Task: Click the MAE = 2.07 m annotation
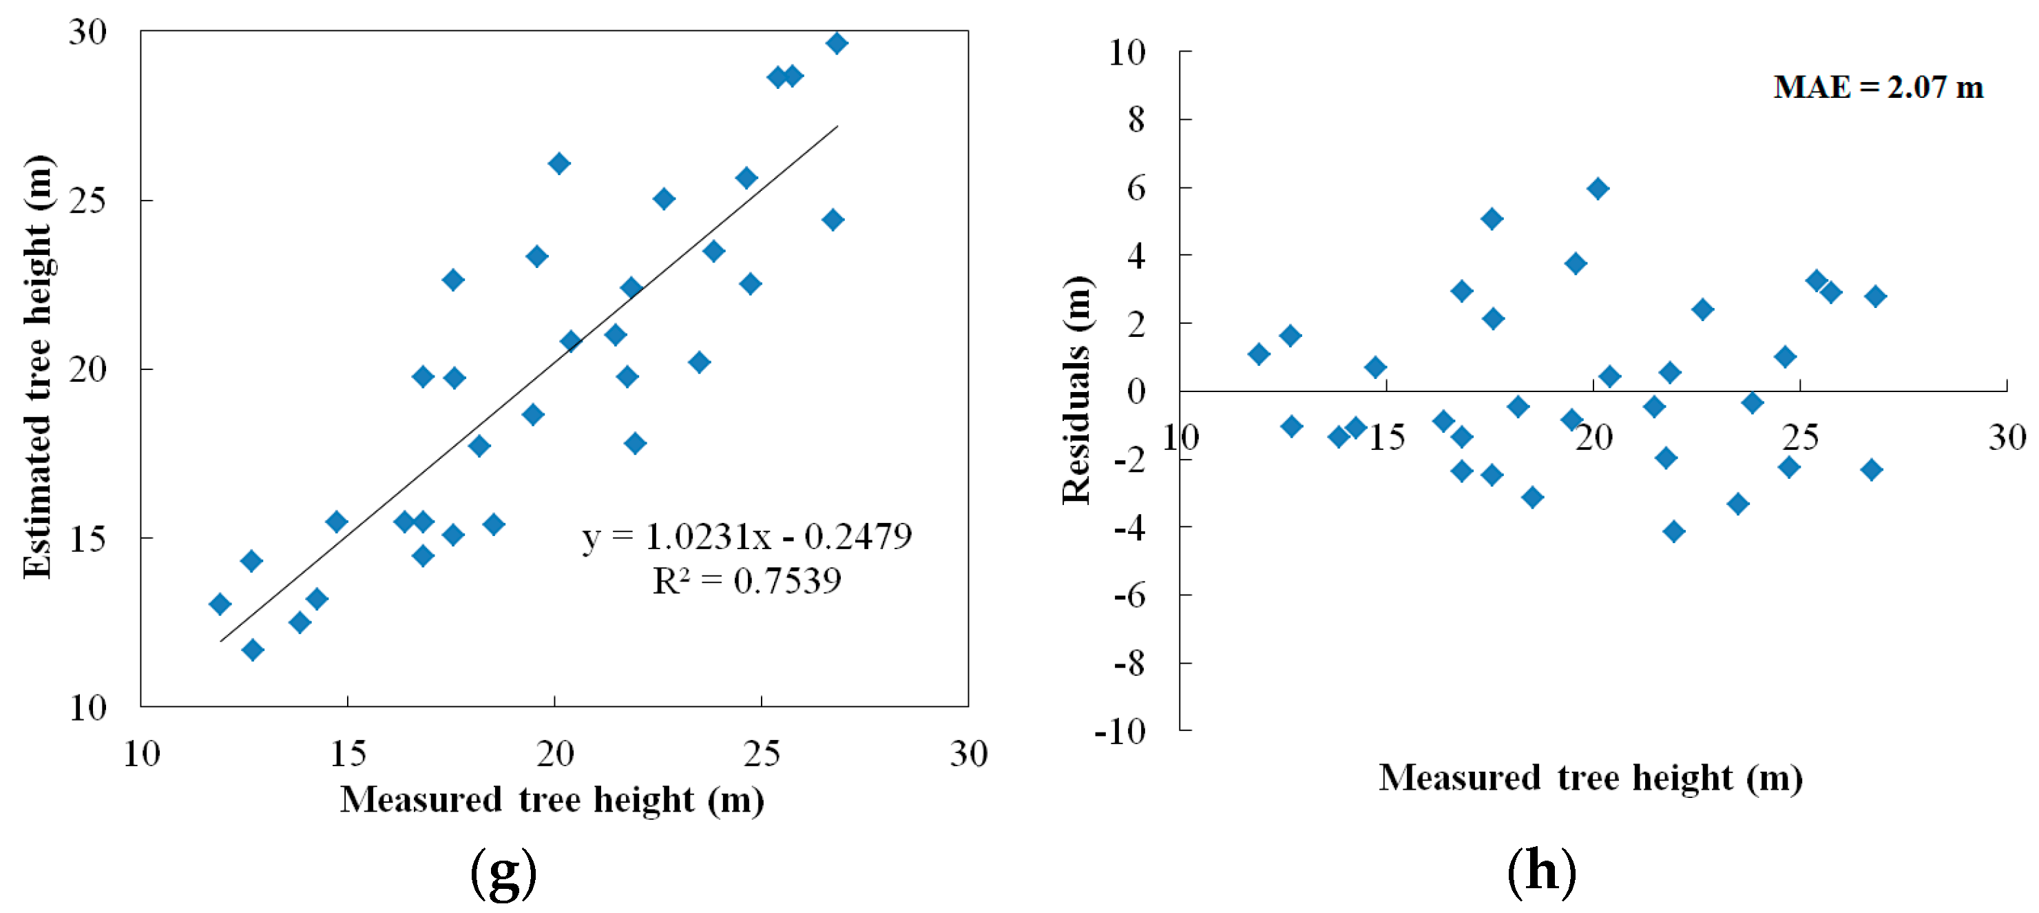tap(1878, 87)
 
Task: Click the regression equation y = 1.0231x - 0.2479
tap(746, 537)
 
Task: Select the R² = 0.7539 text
tap(746, 580)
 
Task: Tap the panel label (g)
tap(503, 872)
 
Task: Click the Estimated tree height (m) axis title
tap(37, 367)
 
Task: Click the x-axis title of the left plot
tap(552, 800)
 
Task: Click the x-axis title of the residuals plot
tap(1590, 777)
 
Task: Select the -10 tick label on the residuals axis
tap(1120, 731)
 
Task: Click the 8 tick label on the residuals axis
tap(1137, 120)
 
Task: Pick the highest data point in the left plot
tap(837, 43)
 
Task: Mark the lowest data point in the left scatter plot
tap(253, 650)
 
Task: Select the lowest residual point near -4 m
tap(1673, 531)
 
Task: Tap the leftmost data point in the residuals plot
tap(1259, 354)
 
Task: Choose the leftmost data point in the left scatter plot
tap(220, 604)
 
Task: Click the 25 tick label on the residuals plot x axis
tap(1800, 437)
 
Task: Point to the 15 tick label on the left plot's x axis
tap(348, 754)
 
